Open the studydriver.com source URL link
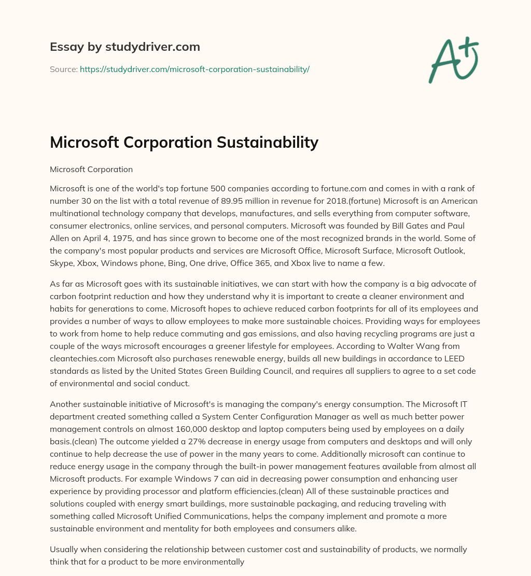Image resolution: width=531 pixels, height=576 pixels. point(194,69)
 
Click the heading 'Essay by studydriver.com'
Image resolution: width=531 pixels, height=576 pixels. point(124,47)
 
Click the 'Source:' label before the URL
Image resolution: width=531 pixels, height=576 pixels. point(64,69)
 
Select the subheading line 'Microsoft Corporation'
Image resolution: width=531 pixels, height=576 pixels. point(91,169)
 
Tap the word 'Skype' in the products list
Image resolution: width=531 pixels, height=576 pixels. point(62,263)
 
